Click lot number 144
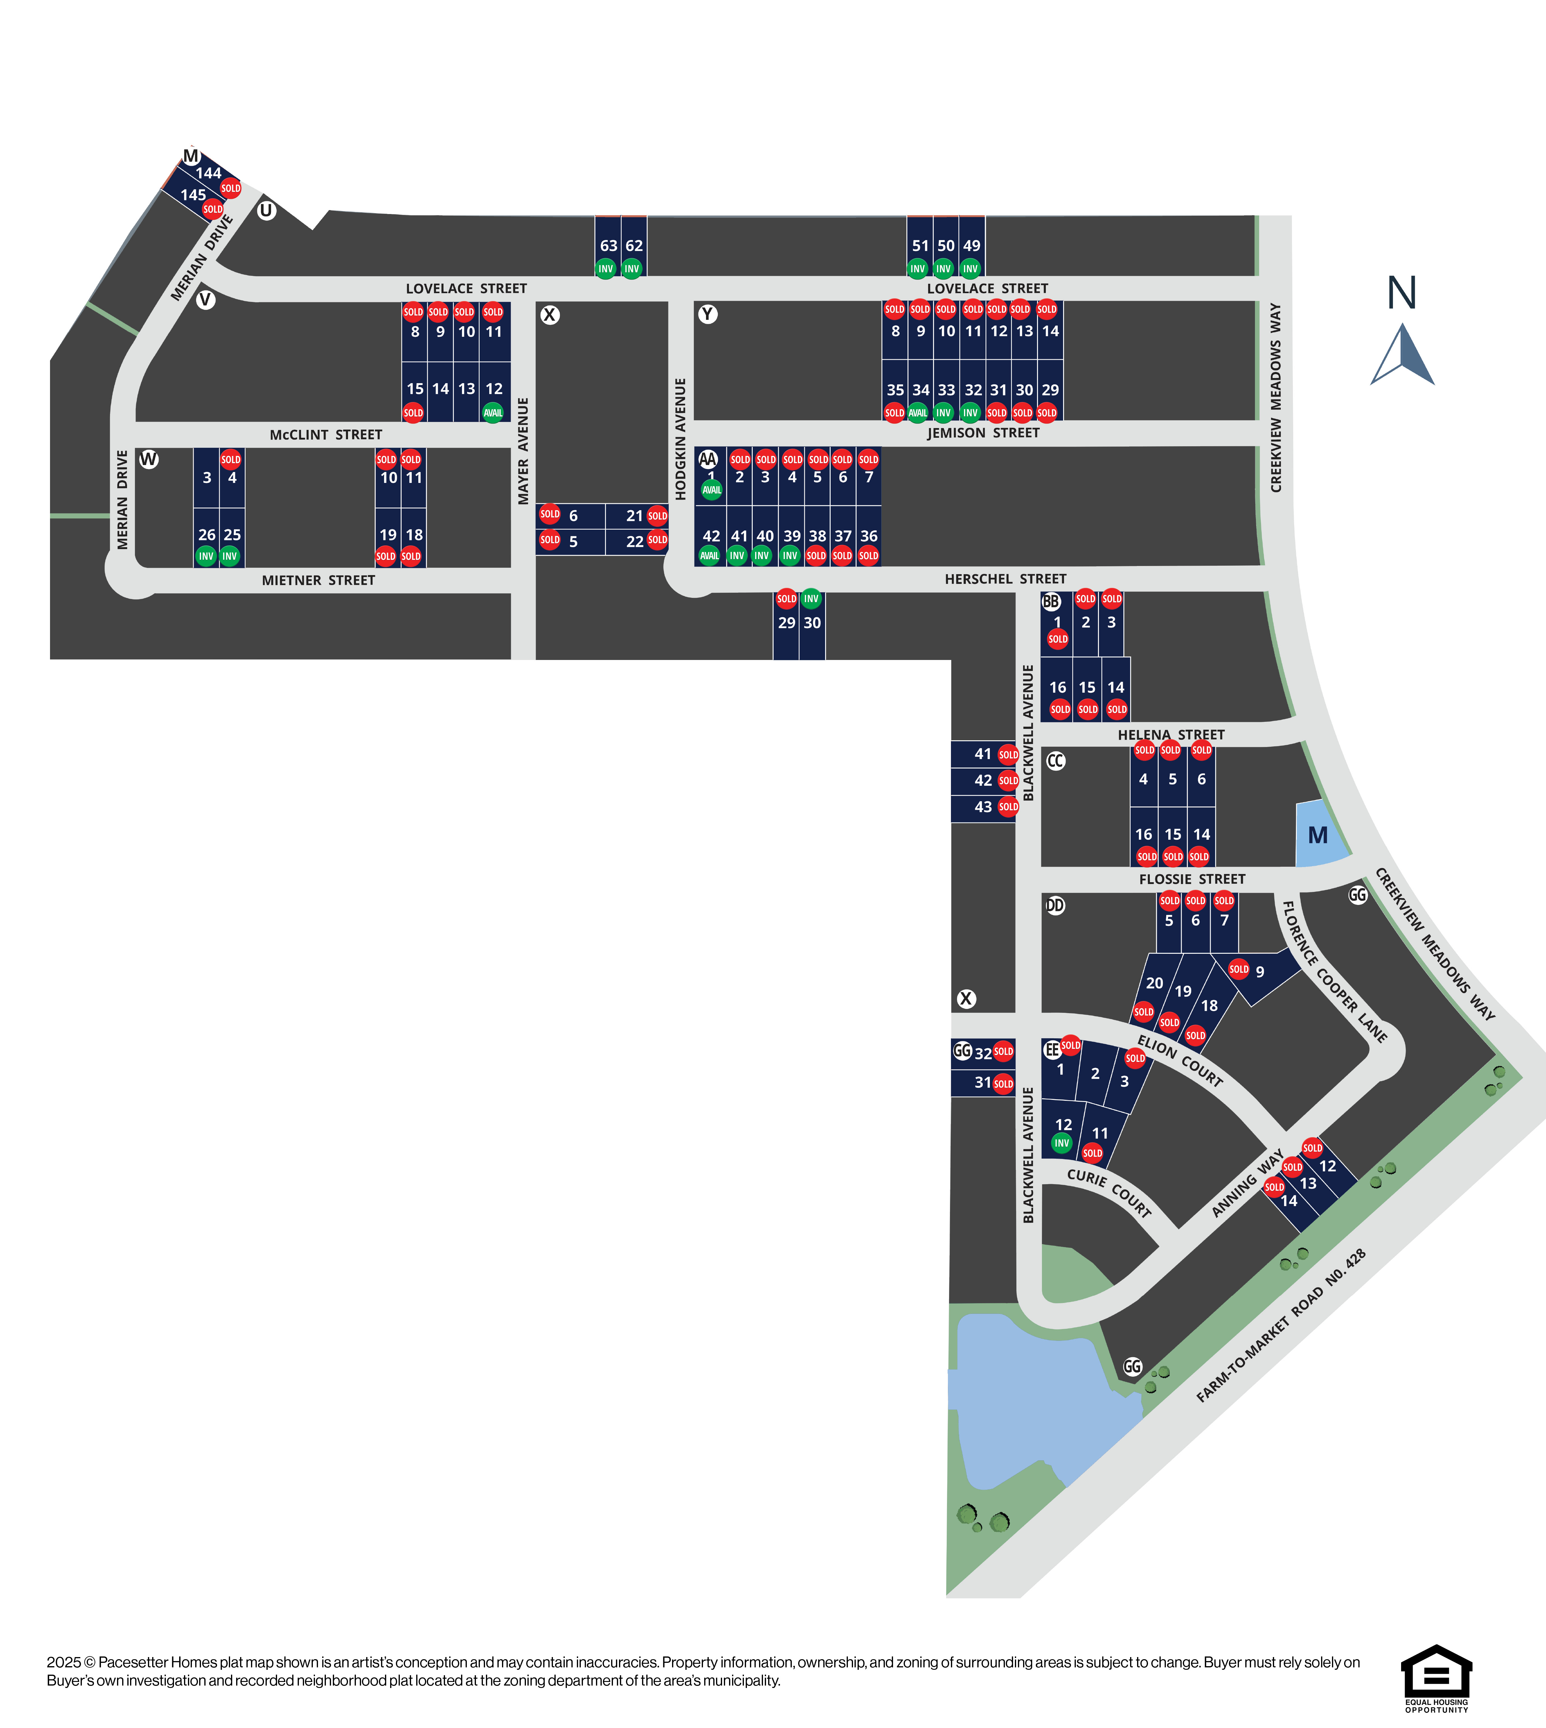[x=208, y=173]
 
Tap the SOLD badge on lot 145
[x=212, y=209]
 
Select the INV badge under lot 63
[x=606, y=269]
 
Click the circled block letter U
[x=267, y=210]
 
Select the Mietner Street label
[x=319, y=580]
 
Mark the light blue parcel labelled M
[x=1319, y=834]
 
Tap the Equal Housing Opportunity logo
[x=1437, y=1679]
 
